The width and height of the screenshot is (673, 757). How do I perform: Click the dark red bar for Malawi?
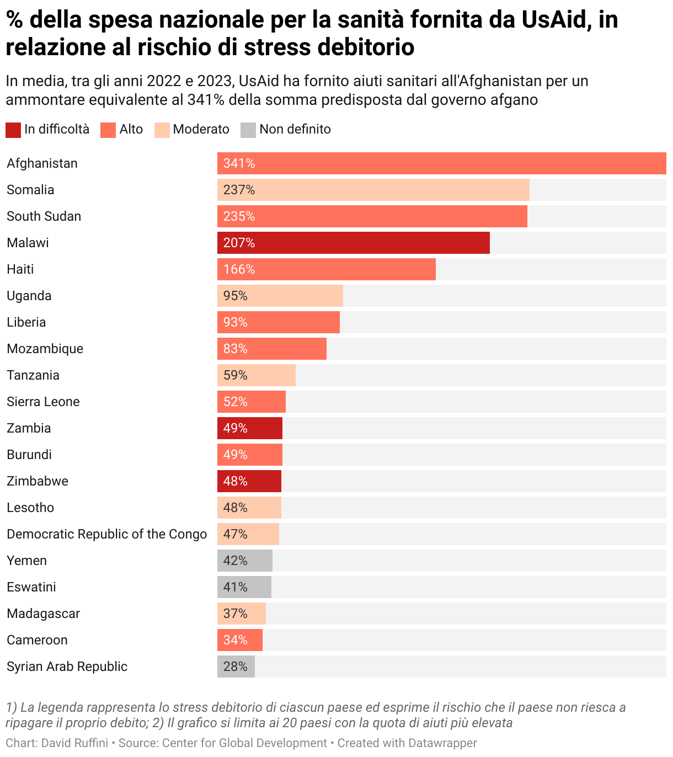point(353,243)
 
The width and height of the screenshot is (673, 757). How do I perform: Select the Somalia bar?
point(373,190)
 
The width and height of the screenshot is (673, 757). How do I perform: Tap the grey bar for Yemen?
point(245,561)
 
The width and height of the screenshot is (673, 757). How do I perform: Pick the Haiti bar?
point(326,269)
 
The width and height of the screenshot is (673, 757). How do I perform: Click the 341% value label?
point(239,163)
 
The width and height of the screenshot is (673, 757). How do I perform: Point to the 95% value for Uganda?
point(235,296)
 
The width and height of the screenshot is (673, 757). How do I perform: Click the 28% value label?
point(235,667)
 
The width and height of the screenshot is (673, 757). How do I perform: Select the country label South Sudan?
point(44,216)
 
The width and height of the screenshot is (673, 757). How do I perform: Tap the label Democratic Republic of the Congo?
point(106,534)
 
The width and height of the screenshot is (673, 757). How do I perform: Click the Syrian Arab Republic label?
point(67,667)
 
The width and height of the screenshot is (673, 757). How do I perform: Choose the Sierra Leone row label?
point(43,402)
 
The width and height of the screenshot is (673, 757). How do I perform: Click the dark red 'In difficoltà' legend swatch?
point(13,130)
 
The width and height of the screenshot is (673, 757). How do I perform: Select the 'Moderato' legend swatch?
point(162,130)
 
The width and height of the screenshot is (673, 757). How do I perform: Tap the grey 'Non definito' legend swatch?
point(248,130)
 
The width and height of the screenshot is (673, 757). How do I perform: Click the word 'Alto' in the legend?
point(131,129)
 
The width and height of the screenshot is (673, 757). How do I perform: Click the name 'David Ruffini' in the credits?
point(74,743)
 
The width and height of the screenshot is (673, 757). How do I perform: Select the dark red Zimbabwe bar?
point(249,481)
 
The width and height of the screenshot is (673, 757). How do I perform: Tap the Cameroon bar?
point(239,640)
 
